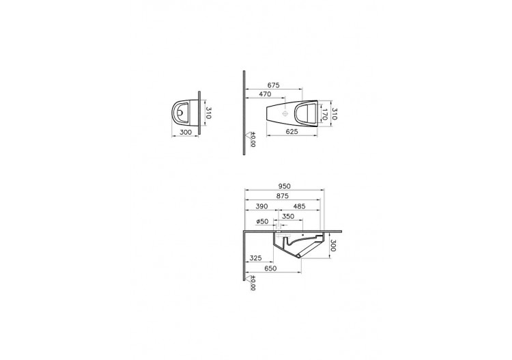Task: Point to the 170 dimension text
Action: pos(326,116)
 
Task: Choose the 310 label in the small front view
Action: pos(209,112)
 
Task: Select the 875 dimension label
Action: pos(281,196)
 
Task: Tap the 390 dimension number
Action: pos(260,206)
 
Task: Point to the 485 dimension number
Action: pos(299,206)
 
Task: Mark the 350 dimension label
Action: pos(288,217)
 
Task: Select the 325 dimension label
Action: pos(257,258)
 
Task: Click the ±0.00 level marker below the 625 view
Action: pos(251,140)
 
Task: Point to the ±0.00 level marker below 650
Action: pos(251,283)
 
